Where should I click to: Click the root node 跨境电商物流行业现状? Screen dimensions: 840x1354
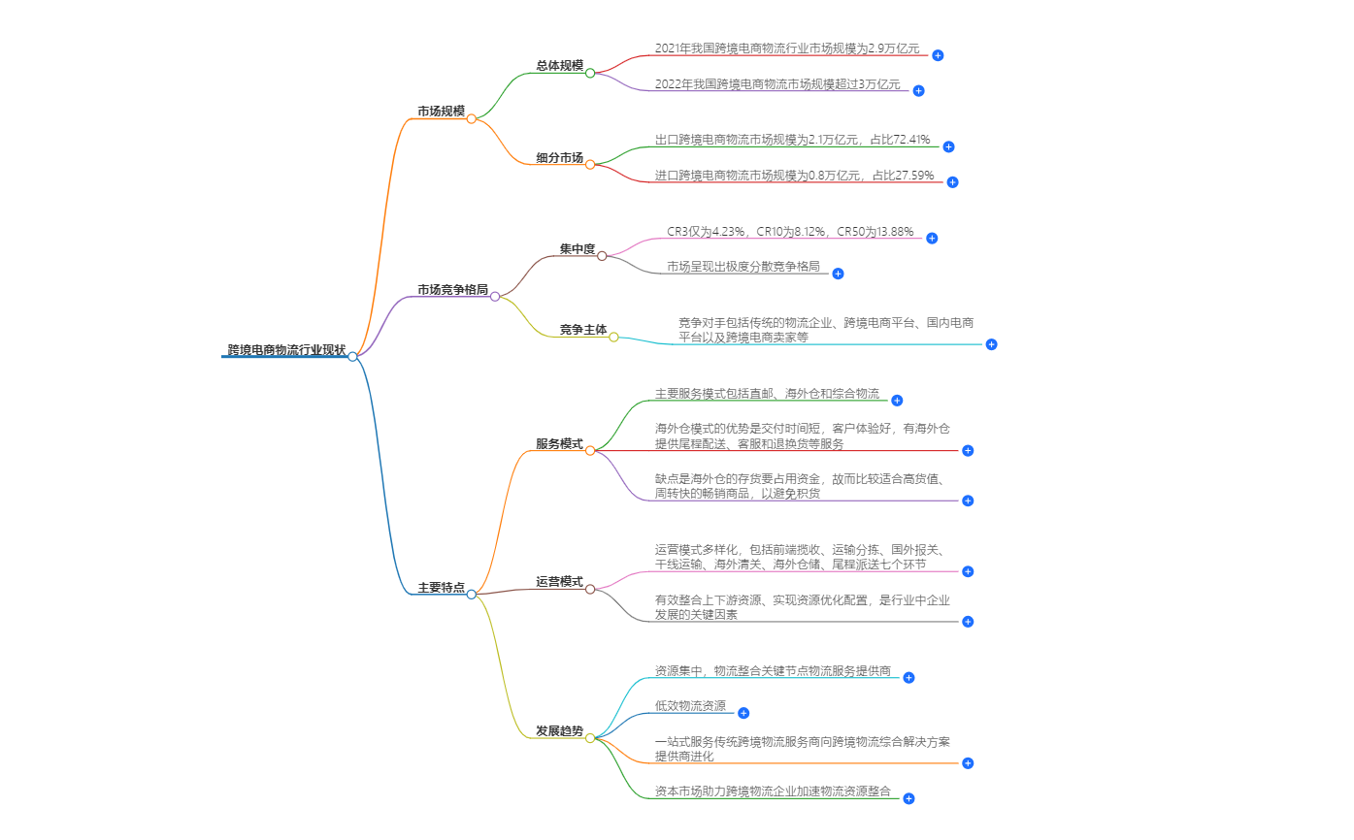[x=286, y=349]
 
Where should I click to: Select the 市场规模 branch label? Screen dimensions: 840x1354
[x=441, y=112]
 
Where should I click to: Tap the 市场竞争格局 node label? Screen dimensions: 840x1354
[x=452, y=289]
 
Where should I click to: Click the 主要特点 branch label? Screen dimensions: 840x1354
[x=441, y=588]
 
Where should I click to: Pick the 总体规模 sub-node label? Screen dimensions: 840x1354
[x=559, y=66]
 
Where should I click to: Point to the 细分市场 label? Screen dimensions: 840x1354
[x=559, y=158]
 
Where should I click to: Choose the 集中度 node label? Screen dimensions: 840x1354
[x=577, y=249]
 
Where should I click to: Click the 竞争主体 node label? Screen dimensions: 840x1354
[x=582, y=330]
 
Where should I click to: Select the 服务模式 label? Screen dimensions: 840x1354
[x=559, y=444]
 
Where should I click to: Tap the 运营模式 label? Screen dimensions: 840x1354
[x=559, y=582]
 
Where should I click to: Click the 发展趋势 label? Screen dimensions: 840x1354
[x=559, y=730]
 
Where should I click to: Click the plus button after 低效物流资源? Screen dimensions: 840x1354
[x=743, y=713]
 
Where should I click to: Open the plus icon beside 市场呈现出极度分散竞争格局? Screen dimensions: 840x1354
[x=838, y=274]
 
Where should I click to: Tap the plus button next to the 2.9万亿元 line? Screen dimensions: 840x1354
[x=938, y=55]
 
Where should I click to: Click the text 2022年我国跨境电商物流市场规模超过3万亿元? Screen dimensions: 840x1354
[x=777, y=83]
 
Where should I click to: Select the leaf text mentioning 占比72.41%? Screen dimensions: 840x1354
[x=792, y=140]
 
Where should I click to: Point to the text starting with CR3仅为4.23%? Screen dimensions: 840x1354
[x=790, y=231]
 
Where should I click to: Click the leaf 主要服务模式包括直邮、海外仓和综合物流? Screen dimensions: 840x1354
[x=767, y=394]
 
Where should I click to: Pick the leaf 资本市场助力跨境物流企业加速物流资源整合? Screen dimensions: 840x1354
[x=773, y=792]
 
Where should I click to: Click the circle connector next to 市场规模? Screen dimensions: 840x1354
[x=472, y=119]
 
